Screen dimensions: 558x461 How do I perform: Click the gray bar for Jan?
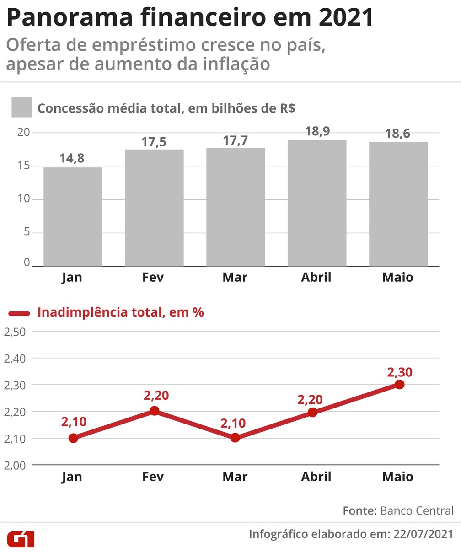pos(73,217)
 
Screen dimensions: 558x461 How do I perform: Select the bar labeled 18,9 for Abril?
pos(316,203)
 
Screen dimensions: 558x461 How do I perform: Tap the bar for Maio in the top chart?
pos(398,204)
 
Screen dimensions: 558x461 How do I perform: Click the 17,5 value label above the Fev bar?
pos(154,142)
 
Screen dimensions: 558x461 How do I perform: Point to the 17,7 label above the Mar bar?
pos(235,140)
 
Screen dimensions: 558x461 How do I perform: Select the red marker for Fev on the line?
pos(154,411)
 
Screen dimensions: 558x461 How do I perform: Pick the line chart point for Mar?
pos(235,438)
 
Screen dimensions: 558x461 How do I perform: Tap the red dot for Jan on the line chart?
pos(73,438)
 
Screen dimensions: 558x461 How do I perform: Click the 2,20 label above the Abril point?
pos(310,399)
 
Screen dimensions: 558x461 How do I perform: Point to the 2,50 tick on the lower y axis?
pos(15,332)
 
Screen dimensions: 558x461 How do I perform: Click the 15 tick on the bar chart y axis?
pos(23,166)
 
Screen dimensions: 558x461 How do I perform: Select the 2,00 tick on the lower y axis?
pos(15,465)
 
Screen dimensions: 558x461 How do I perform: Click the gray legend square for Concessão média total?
pos(21,107)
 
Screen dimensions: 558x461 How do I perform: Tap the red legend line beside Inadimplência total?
pos(20,313)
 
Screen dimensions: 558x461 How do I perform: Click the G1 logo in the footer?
pos(21,539)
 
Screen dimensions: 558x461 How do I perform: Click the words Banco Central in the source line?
pos(417,510)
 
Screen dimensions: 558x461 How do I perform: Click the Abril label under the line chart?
pos(316,477)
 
